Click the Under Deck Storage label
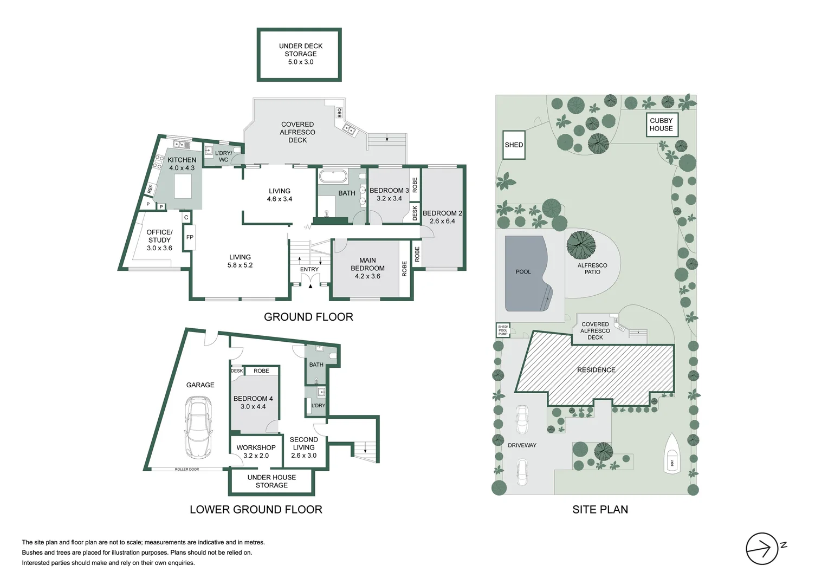(x=300, y=54)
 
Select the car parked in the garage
(x=198, y=427)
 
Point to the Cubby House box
(x=662, y=125)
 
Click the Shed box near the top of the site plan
(x=514, y=145)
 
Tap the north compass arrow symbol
(x=762, y=549)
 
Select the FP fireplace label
(x=190, y=237)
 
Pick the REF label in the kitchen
(x=150, y=188)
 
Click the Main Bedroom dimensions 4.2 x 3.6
(x=367, y=276)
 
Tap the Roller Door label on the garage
(x=186, y=469)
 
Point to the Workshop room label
(x=256, y=447)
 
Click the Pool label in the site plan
(x=523, y=271)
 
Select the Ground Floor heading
(x=308, y=317)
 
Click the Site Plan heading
(x=600, y=509)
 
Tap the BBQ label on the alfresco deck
(x=340, y=112)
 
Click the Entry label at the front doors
(x=309, y=269)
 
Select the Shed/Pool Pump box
(x=503, y=330)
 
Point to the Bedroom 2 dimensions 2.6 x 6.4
(x=443, y=221)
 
